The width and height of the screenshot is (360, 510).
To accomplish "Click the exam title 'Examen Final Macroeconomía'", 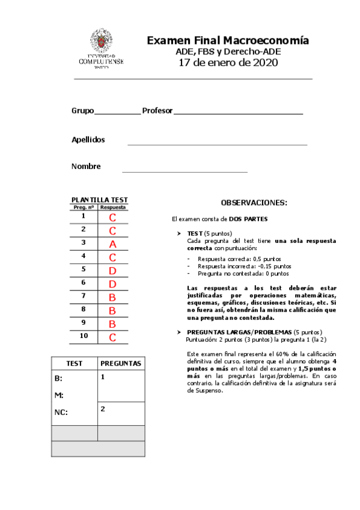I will point(228,41).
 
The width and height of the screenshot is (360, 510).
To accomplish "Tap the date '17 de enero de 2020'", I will point(228,63).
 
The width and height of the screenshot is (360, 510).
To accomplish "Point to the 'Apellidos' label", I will point(88,140).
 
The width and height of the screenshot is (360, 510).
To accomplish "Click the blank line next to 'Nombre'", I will point(185,171).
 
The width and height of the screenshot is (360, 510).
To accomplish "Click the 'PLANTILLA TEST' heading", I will point(99,200).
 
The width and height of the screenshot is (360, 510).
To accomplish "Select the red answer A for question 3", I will point(112,244).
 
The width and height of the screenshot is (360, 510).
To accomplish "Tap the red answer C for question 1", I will point(112,217).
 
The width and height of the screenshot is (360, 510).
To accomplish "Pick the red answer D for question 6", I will point(112,283).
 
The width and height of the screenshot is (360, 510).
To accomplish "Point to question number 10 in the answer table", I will point(84,335).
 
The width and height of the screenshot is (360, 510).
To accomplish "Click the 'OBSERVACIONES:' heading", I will point(254,203).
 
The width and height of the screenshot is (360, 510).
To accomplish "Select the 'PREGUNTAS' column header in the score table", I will point(120,363).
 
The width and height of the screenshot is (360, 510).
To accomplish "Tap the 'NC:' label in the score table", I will point(61,413).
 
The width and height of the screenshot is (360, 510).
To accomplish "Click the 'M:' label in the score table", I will point(58,395).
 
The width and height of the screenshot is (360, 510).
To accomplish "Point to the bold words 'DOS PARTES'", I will point(248,219).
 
